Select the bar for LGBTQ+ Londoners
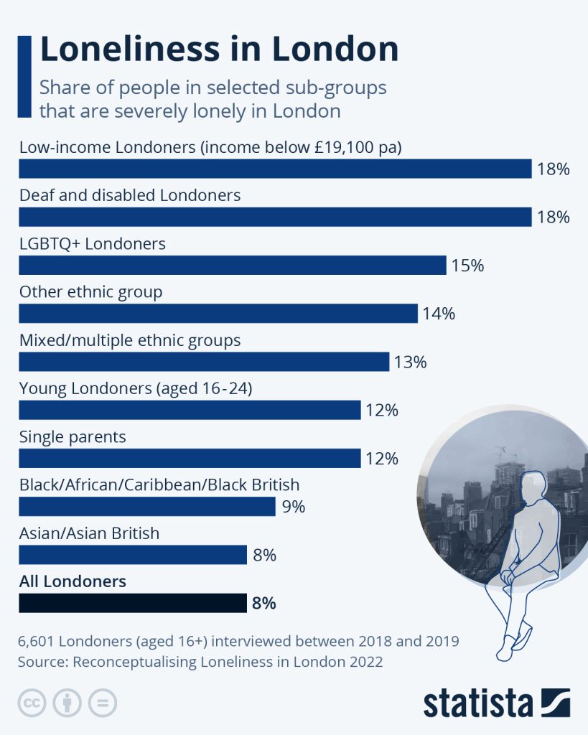(x=233, y=266)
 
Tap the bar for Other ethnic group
(x=218, y=314)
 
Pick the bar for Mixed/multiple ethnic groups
(x=204, y=362)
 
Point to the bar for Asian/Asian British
(x=133, y=555)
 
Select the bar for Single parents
(x=190, y=459)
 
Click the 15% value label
(x=467, y=266)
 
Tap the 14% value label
(x=439, y=314)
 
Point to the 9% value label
(x=293, y=507)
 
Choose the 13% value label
(x=410, y=362)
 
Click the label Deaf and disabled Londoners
(x=130, y=195)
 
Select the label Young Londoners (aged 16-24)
(x=136, y=388)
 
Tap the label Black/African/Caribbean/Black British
(x=159, y=484)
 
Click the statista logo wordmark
(x=477, y=703)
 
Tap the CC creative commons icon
(x=32, y=703)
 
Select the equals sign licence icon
(x=103, y=703)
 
